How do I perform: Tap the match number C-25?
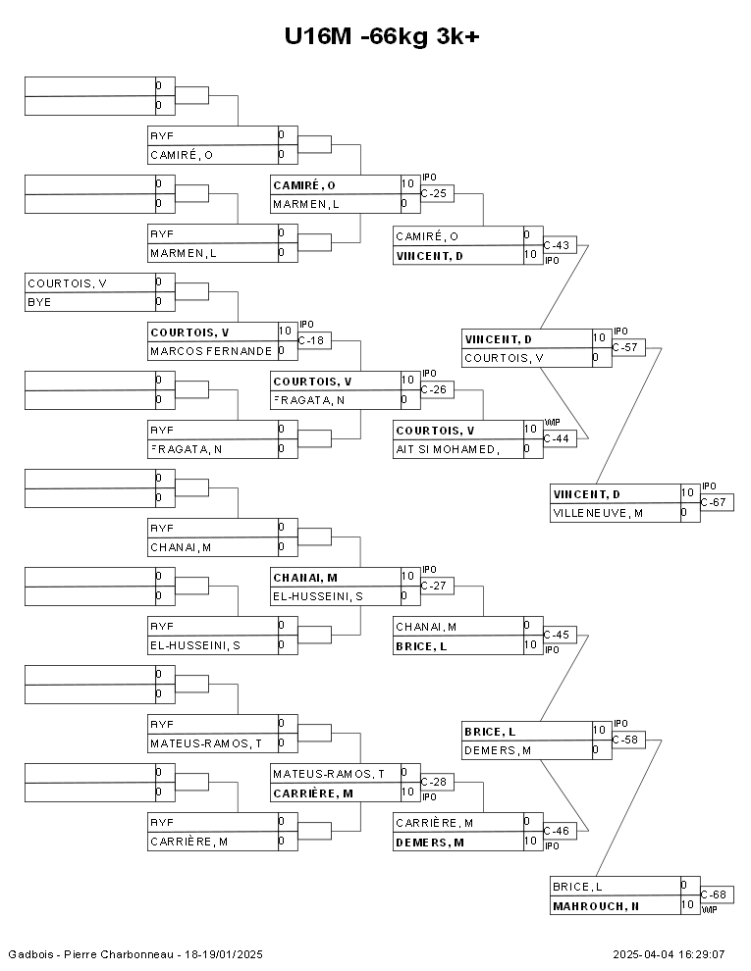pyautogui.click(x=436, y=193)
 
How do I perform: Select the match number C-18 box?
pyautogui.click(x=313, y=340)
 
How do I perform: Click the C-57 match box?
pyautogui.click(x=627, y=347)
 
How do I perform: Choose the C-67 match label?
pyautogui.click(x=716, y=502)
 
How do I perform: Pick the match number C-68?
pyautogui.click(x=716, y=894)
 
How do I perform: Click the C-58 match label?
pyautogui.click(x=627, y=740)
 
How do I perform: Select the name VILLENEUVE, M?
pyautogui.click(x=598, y=513)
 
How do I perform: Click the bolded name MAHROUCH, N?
pyautogui.click(x=596, y=906)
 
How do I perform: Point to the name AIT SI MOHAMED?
pyautogui.click(x=447, y=449)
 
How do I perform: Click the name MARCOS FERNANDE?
pyautogui.click(x=211, y=351)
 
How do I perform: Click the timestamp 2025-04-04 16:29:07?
pyautogui.click(x=669, y=954)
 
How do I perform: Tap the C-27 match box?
pyautogui.click(x=436, y=586)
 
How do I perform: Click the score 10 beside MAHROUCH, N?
pyautogui.click(x=688, y=905)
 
